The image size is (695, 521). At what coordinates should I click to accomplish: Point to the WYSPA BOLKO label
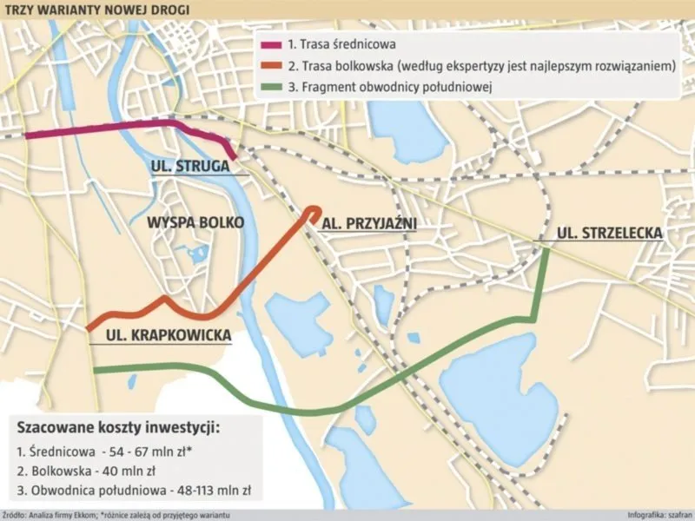(195, 222)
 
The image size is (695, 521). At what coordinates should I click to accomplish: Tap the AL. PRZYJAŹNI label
(369, 223)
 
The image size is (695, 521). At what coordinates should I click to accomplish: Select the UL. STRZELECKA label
(609, 233)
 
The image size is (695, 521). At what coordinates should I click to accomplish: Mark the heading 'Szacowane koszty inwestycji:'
(118, 428)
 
